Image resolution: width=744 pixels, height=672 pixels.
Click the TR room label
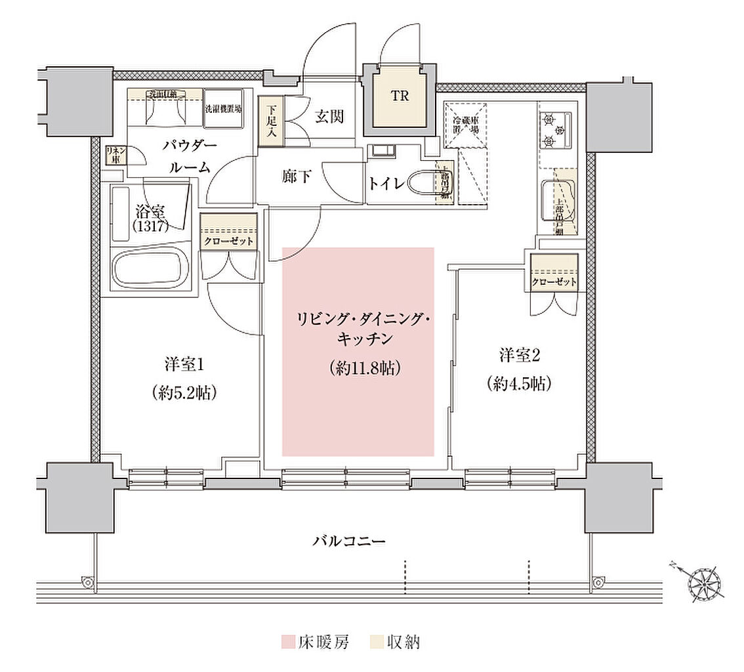coord(400,96)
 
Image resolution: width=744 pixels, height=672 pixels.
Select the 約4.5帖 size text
coord(518,384)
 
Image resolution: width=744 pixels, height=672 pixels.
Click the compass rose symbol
coord(704,582)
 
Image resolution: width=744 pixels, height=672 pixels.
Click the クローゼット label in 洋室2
coord(554,282)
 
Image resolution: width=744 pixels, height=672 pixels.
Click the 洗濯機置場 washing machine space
coord(223,108)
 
